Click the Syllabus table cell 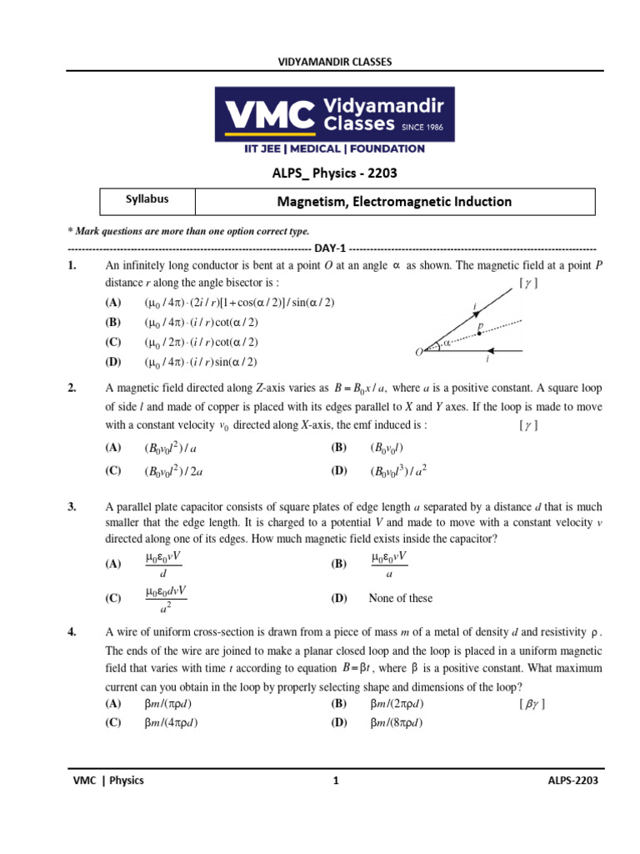(147, 200)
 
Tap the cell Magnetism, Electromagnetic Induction (394, 202)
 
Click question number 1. (72, 266)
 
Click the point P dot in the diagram (479, 334)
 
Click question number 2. (72, 388)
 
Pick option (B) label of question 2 (339, 448)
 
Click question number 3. (72, 507)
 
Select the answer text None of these (401, 598)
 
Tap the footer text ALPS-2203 (572, 781)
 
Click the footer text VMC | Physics (108, 781)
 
